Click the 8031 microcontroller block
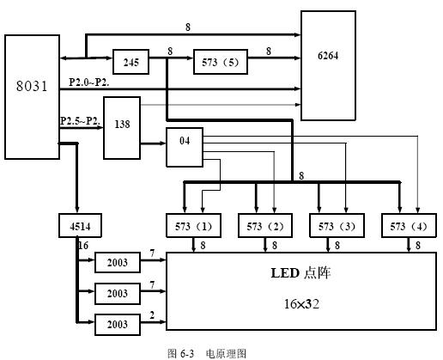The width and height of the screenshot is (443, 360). (32, 97)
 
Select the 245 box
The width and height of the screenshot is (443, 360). (130, 62)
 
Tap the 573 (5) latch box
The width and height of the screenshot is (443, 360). (221, 62)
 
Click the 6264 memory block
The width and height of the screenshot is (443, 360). (328, 65)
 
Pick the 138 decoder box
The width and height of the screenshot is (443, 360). (122, 128)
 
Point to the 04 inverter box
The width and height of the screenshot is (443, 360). (185, 147)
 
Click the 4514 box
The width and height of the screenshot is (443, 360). (80, 226)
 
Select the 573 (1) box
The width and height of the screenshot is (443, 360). (193, 226)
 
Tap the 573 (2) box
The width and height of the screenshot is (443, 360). (265, 226)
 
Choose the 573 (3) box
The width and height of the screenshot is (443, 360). (337, 226)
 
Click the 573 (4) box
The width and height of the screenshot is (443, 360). (409, 226)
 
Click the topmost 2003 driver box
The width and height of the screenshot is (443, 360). (118, 262)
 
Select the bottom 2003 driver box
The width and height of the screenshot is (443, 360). (118, 325)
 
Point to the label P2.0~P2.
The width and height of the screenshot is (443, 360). (89, 82)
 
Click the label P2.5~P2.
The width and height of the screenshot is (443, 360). (81, 121)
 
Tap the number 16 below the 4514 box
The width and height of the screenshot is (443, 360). (83, 246)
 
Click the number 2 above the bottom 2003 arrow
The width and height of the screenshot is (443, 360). (152, 315)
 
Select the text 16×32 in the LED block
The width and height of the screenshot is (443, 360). (301, 304)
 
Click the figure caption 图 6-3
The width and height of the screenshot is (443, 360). (180, 353)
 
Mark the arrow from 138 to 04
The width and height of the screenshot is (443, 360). (154, 143)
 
